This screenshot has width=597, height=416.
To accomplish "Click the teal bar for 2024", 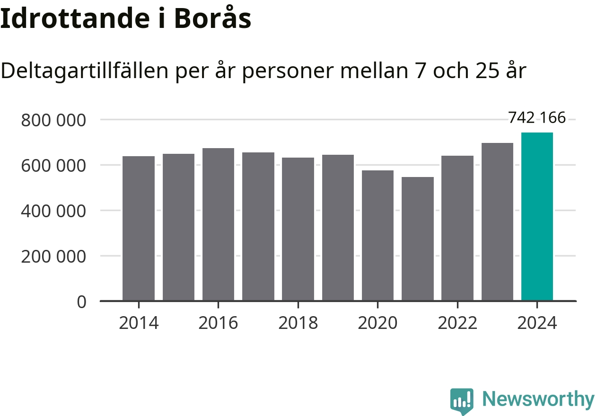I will pos(537,217).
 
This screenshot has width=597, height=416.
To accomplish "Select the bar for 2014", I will pos(139,228).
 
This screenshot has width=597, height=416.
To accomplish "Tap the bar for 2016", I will pos(218,224).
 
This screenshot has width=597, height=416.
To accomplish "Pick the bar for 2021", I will pos(418,239).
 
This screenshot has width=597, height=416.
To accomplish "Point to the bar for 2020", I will pos(378,235).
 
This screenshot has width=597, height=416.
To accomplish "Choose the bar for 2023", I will pos(497,221).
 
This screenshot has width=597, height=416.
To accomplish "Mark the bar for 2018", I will pos(298,229).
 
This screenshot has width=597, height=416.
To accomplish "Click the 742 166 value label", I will pos(537,117).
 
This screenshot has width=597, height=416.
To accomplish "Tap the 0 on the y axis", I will pos(82,301).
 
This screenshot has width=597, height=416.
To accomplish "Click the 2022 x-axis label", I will pos(457,323).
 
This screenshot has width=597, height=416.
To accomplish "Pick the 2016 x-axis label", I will pos(218,323).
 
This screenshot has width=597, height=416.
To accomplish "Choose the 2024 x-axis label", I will pos(537,323).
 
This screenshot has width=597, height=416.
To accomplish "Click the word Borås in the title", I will pos(212,19).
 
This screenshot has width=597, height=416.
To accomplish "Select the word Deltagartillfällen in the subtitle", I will pos(85,71).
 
